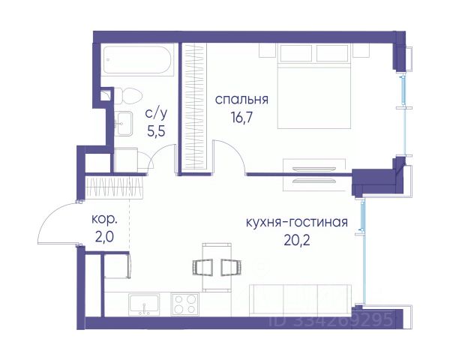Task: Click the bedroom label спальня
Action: point(241,100)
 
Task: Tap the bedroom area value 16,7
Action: point(241,117)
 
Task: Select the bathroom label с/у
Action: point(156,114)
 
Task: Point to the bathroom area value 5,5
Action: point(156,131)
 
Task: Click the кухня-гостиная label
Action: point(297,222)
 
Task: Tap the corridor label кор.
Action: point(104,220)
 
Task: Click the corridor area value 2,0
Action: point(104,238)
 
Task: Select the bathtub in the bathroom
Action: point(137,60)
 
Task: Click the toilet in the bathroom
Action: point(128,97)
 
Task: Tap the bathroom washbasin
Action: point(124,124)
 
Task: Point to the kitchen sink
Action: point(144,304)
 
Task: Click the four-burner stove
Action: point(184,304)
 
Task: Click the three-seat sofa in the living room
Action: point(300,300)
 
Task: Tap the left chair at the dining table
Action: point(202,267)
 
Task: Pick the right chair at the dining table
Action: point(231,267)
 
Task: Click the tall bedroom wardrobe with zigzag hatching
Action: point(194,108)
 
